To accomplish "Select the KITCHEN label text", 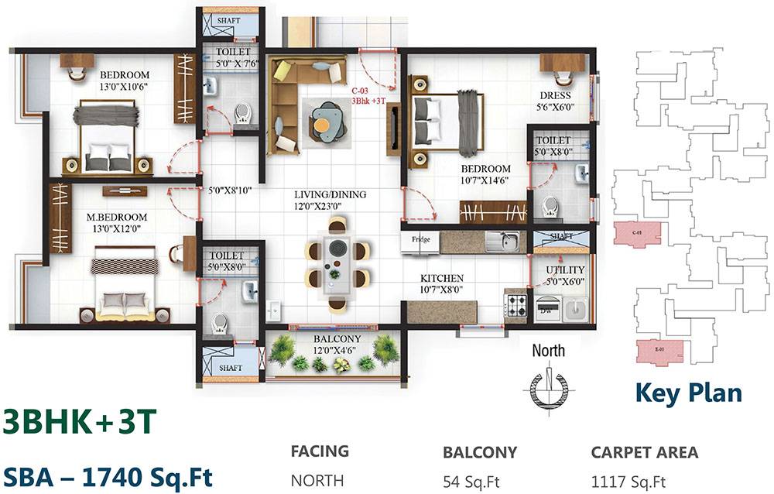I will click(x=441, y=278).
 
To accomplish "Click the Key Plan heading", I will click(x=688, y=392).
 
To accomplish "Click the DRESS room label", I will click(x=556, y=97).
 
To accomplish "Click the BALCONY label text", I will click(x=335, y=339).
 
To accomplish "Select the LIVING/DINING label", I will click(x=330, y=195).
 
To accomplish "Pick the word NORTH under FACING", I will click(x=317, y=481).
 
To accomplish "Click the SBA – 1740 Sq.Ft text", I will click(x=107, y=475).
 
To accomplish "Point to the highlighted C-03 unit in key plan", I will click(x=637, y=235).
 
